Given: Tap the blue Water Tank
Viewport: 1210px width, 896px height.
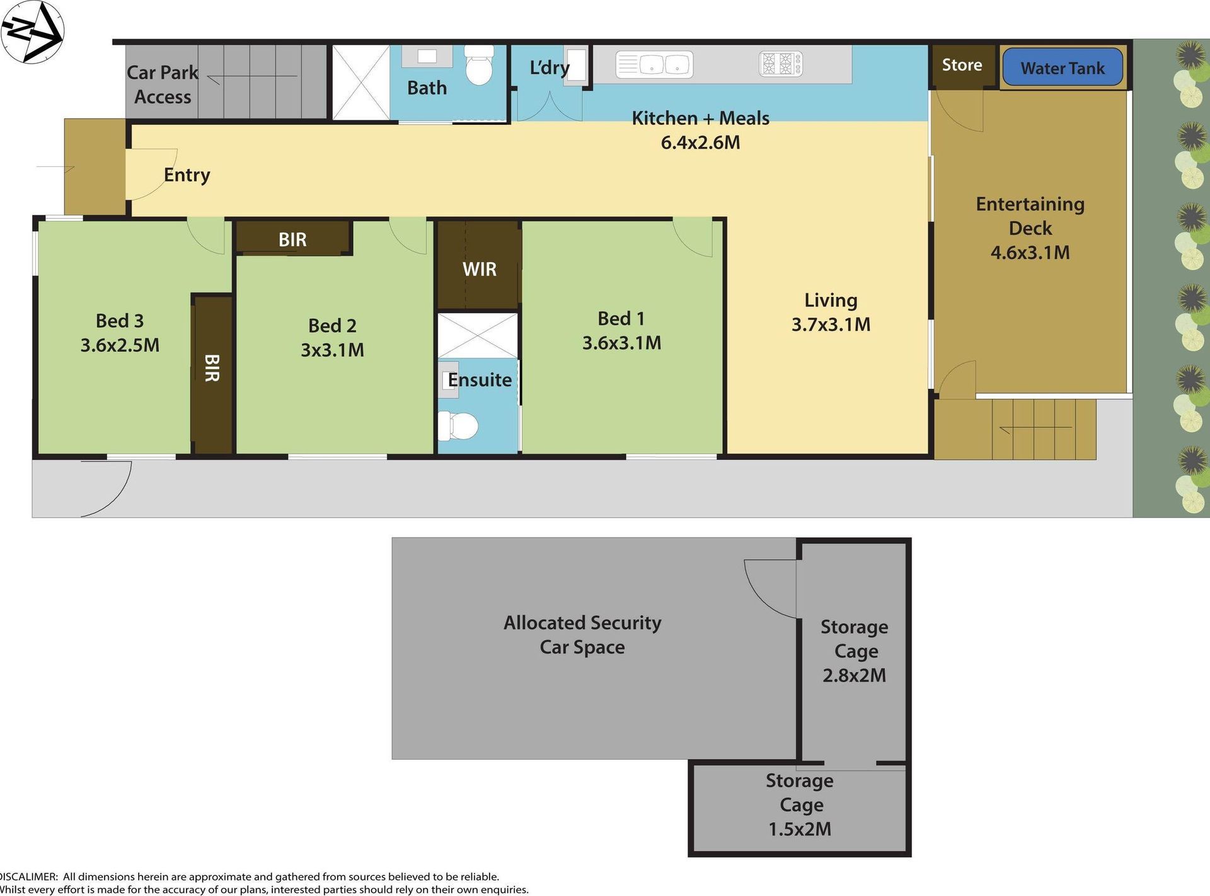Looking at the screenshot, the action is [x=1063, y=67].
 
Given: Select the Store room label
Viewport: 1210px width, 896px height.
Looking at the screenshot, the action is [x=962, y=65].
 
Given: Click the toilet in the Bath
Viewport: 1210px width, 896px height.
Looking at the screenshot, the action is [x=479, y=65].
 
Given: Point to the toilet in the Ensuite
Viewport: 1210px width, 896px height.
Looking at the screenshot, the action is [x=458, y=426].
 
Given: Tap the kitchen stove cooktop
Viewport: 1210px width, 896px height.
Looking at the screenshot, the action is [x=781, y=64].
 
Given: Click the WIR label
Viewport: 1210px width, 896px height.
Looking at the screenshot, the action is [x=480, y=269].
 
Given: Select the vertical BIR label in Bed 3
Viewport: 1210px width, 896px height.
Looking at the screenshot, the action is [x=212, y=367].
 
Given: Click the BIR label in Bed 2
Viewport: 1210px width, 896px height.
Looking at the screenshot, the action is [x=292, y=239].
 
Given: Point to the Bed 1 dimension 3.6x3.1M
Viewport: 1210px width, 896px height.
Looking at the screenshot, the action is [x=621, y=343].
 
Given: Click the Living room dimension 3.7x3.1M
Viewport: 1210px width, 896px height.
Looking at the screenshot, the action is [x=831, y=325].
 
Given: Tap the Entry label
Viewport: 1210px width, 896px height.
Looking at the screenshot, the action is [x=187, y=175].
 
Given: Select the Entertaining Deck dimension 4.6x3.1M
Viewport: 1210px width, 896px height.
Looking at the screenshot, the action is [x=1030, y=253].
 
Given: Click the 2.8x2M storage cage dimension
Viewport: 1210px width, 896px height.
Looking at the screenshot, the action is [x=854, y=675].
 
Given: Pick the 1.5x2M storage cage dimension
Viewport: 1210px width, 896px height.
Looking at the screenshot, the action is [x=800, y=829].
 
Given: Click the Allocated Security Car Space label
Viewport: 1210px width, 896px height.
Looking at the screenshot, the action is [x=582, y=635].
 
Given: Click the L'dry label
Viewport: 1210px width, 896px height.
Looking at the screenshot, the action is [x=550, y=67].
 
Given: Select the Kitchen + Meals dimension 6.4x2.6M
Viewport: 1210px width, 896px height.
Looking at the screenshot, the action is [x=700, y=142].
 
